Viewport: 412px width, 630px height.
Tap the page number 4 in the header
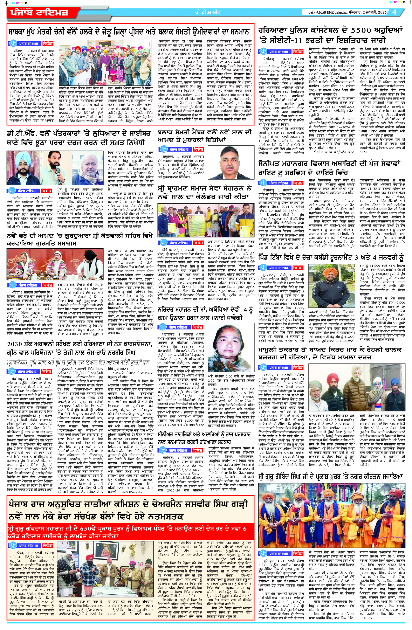(x=394, y=12)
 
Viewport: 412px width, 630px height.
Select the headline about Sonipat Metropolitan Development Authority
(x=329, y=168)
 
